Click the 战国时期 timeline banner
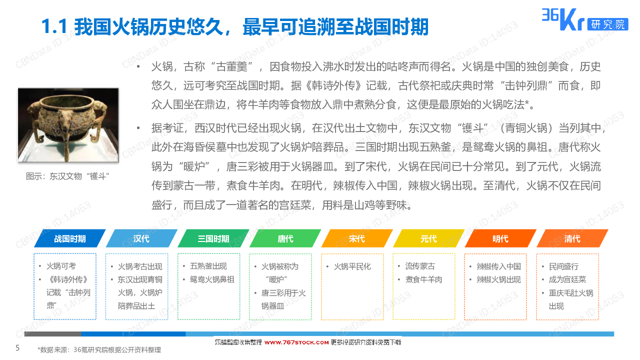(70, 238)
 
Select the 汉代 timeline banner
(141, 238)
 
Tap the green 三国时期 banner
(213, 238)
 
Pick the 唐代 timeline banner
(285, 238)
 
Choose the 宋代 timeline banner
(357, 238)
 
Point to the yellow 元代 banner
(429, 238)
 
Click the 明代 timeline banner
(500, 238)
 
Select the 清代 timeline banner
(572, 238)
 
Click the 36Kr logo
(563, 19)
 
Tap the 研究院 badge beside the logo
(607, 24)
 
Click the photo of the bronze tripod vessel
(68, 125)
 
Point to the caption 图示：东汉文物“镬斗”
(67, 176)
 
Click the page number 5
(17, 347)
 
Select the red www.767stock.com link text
(296, 342)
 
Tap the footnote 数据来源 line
(99, 349)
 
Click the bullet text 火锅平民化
(352, 266)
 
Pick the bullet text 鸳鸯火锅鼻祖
(211, 279)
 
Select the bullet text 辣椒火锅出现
(498, 279)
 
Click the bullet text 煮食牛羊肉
(423, 279)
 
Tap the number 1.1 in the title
(54, 27)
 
